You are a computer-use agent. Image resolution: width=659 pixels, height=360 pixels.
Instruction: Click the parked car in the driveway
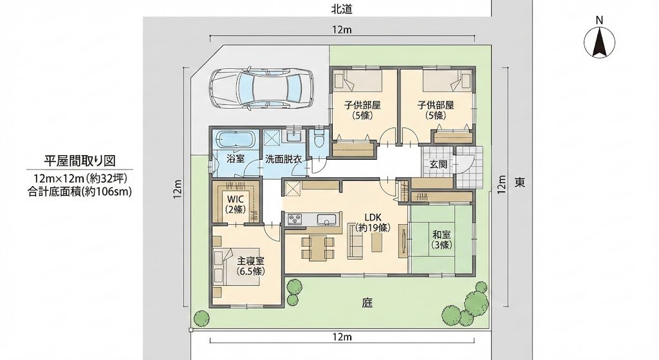pyautogui.click(x=261, y=88)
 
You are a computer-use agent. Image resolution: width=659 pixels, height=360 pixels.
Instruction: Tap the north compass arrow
pyautogui.click(x=599, y=43)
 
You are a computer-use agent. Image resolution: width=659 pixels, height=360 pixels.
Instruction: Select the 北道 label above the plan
pyautogui.click(x=342, y=10)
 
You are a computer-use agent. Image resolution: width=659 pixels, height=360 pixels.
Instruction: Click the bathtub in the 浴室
pyautogui.click(x=236, y=139)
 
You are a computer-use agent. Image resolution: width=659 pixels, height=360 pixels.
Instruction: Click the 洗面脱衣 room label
pyautogui.click(x=283, y=160)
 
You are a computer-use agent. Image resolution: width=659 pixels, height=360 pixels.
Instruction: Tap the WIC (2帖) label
pyautogui.click(x=236, y=203)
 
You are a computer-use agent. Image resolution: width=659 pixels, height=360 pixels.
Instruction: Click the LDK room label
pyautogui.click(x=373, y=218)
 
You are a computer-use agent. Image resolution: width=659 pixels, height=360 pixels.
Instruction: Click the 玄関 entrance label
pyautogui.click(x=438, y=164)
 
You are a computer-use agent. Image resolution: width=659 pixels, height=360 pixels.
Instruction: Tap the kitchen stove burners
pyautogui.click(x=294, y=220)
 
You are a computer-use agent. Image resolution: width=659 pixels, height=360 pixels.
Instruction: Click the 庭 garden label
pyautogui.click(x=367, y=303)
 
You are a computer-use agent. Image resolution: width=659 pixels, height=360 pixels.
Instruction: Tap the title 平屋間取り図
pyautogui.click(x=80, y=160)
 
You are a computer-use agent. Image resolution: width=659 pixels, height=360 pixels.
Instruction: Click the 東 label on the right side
pyautogui.click(x=520, y=182)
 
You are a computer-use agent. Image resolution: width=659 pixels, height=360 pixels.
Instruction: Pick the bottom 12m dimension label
pyautogui.click(x=342, y=336)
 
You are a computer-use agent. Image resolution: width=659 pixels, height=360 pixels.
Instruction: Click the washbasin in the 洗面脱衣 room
pyautogui.click(x=293, y=136)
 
